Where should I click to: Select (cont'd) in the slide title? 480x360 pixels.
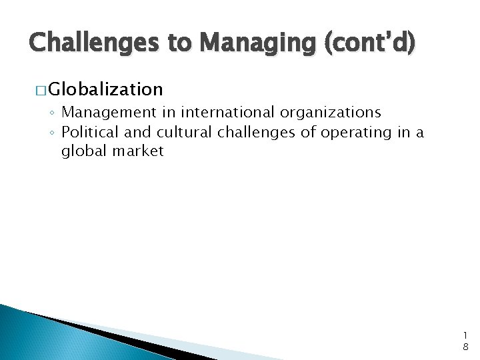pos(370,43)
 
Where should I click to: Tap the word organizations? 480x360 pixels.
pos(331,113)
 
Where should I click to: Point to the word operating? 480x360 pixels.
pos(358,132)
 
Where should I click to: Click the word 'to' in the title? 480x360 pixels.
pos(181,43)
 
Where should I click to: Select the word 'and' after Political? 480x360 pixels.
pos(139,132)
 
